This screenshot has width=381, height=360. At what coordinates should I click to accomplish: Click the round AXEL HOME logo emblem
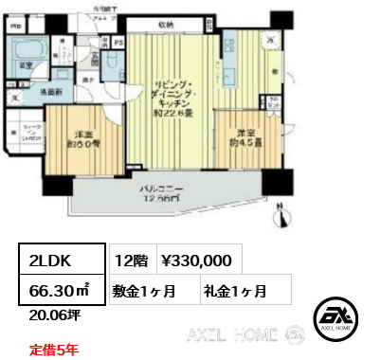pos(337,319)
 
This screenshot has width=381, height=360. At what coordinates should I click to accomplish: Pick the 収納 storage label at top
pos(165,27)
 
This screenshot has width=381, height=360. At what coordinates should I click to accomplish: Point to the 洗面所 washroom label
pos(51,92)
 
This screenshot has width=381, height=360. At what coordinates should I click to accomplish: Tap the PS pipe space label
pos(118,44)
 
